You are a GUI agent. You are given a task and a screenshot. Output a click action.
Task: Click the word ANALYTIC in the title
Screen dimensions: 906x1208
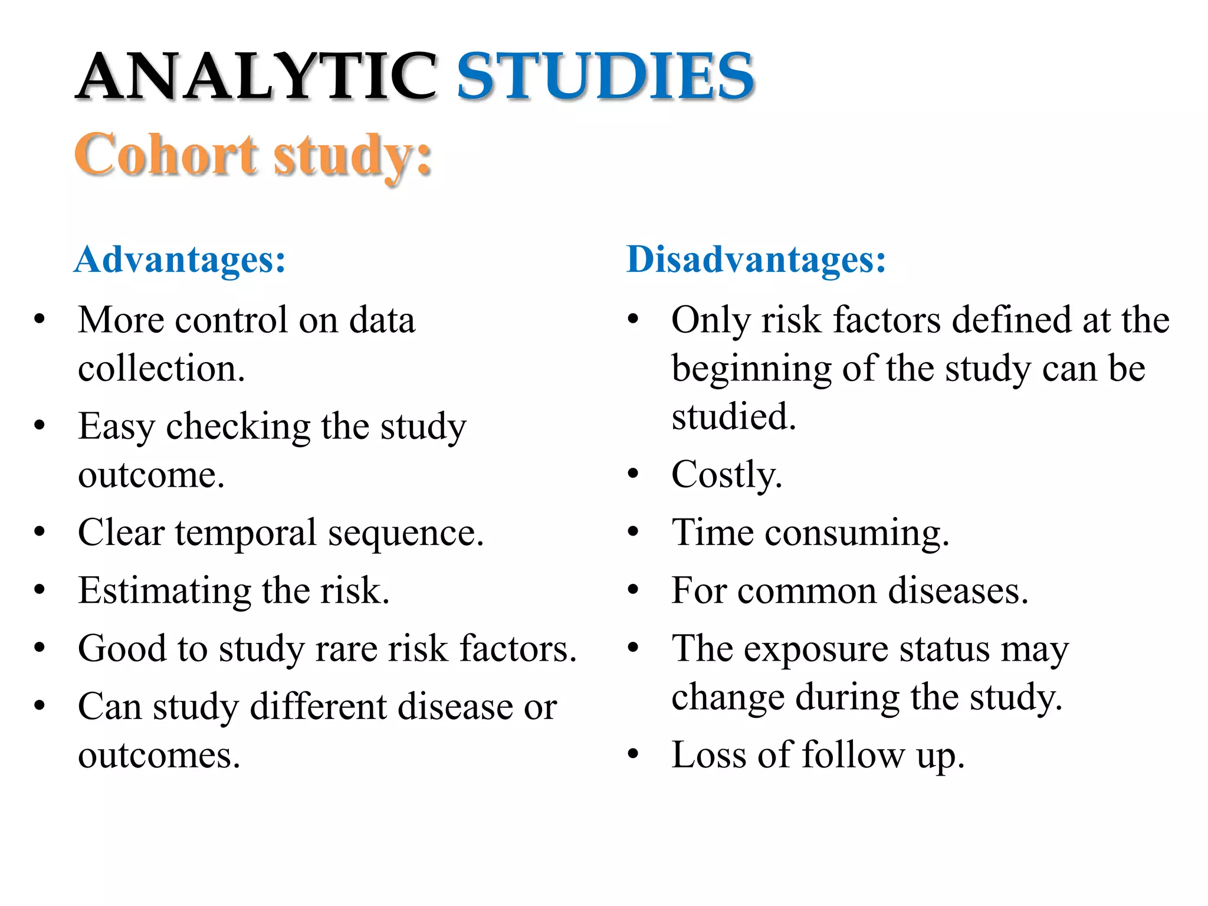[256, 77]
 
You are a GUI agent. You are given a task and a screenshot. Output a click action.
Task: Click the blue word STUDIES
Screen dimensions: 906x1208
[605, 77]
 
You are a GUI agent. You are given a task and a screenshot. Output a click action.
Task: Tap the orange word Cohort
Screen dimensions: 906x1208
[166, 154]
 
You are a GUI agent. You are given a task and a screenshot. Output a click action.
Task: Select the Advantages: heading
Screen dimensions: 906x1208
[180, 259]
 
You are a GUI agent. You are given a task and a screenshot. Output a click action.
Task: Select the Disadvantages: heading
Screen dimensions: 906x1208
[756, 259]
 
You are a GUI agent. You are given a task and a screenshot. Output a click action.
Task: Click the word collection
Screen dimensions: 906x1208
[160, 369]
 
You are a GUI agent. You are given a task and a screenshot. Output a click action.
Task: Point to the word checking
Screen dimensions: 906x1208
[238, 427]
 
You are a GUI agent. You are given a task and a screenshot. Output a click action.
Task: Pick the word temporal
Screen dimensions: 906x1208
[246, 533]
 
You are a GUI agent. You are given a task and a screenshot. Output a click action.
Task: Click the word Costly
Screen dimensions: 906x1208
[726, 475]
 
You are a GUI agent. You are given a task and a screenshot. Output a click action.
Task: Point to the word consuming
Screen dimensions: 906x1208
[856, 533]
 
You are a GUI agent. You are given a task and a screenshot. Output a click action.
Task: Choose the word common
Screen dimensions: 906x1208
[806, 590]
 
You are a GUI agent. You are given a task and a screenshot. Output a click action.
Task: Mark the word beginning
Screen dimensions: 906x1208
[751, 370]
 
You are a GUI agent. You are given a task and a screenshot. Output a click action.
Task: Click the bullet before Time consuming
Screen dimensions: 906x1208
[633, 532]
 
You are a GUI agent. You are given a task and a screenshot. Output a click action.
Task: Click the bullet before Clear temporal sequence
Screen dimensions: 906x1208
[40, 532]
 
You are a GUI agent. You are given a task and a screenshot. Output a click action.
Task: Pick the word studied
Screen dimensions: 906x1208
[733, 417]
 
